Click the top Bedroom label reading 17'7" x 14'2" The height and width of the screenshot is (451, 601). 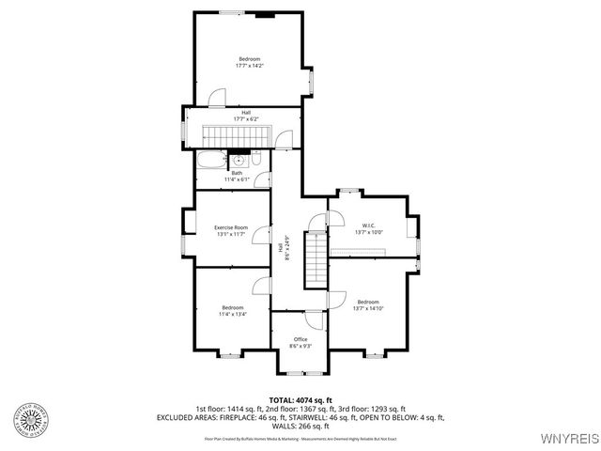pos(249,62)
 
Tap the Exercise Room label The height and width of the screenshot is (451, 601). pos(230,230)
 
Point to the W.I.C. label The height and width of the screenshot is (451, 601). pos(368,228)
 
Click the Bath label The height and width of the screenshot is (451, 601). pos(237,176)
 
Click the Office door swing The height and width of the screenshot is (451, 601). pos(316,319)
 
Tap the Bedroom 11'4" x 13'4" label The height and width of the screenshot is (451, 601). pos(233,311)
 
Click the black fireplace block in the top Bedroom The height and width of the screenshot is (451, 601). pos(266,14)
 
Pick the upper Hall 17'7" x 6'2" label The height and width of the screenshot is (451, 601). pos(245,116)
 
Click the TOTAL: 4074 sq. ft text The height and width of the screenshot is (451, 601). pos(300,400)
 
